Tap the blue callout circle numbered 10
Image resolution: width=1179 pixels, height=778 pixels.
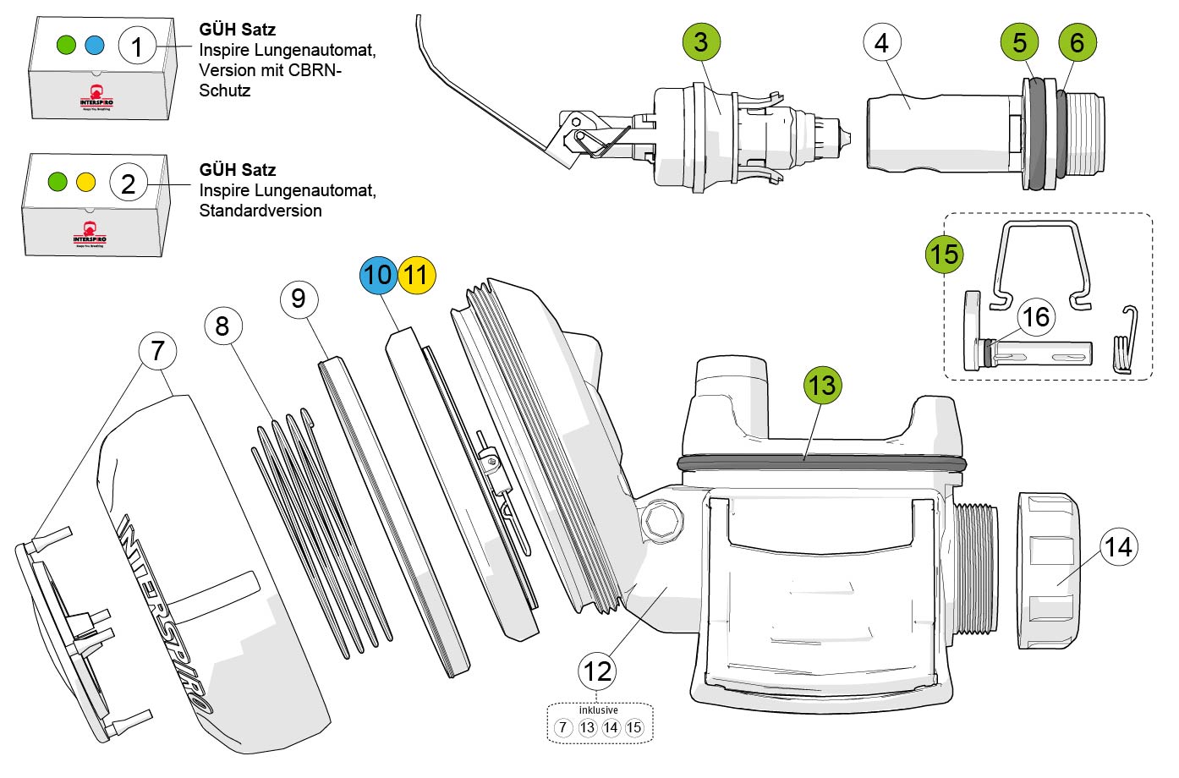tap(378, 274)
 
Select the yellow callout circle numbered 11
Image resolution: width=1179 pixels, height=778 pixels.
tap(415, 274)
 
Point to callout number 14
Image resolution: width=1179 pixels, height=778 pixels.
tap(1118, 547)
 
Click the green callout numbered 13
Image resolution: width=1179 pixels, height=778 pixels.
tap(821, 386)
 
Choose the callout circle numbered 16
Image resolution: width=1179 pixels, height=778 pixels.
tap(1036, 317)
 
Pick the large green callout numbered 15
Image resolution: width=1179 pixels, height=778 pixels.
tap(944, 254)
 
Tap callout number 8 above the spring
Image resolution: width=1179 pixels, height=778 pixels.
tap(222, 326)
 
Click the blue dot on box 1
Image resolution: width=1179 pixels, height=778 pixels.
tap(93, 45)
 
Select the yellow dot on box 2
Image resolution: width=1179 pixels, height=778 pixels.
tap(85, 182)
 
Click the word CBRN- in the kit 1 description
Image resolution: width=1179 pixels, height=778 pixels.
tap(313, 70)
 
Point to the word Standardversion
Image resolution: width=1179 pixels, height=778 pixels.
tap(260, 211)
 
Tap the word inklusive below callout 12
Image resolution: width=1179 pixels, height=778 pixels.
tap(598, 710)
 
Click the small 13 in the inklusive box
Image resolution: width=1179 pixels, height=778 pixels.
tap(587, 727)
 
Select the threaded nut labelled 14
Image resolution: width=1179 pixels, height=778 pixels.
tap(1047, 571)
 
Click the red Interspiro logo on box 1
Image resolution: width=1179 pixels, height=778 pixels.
tap(96, 96)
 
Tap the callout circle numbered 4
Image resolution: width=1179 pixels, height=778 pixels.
tap(882, 42)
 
